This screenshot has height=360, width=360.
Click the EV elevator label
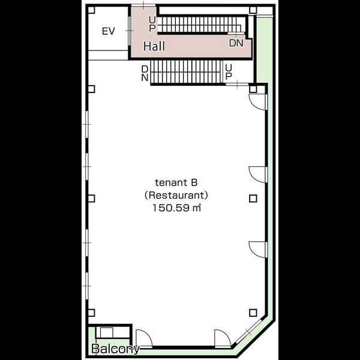coord(109,31)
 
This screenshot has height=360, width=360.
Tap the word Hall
coord(154,46)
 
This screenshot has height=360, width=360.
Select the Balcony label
coord(115,349)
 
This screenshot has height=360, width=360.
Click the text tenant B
coord(176,183)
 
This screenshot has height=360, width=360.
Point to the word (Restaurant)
coord(176,195)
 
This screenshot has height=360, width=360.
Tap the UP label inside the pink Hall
coord(152,23)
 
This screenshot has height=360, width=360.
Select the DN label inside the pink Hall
coord(236,43)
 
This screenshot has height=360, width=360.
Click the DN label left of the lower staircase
coord(145,73)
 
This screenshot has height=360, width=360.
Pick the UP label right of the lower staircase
coord(229,72)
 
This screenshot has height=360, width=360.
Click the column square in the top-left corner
coord(91,10)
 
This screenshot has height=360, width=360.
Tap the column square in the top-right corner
coord(253,10)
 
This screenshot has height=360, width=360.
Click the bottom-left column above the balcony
coord(91,313)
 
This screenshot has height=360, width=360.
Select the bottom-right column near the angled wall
coord(253,313)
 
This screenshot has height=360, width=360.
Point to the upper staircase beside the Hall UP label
coord(199,25)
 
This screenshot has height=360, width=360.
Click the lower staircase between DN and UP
coord(187,71)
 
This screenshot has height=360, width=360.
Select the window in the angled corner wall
coord(248,332)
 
